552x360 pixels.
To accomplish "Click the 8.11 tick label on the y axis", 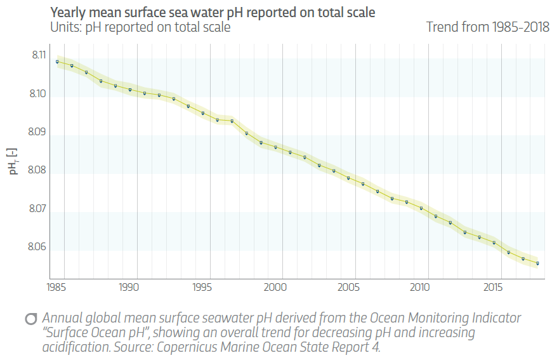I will coord(39,56).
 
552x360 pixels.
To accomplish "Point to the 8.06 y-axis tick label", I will coord(39,247).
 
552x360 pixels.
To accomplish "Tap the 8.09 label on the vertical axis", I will coord(39,133).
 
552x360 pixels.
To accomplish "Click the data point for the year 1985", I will coord(57,62).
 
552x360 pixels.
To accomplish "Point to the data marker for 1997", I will coord(232,121).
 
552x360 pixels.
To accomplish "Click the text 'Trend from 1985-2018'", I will coord(487,27).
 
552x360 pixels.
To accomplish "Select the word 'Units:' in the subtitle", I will coord(65,27).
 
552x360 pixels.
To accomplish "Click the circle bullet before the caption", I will coord(30,319).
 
